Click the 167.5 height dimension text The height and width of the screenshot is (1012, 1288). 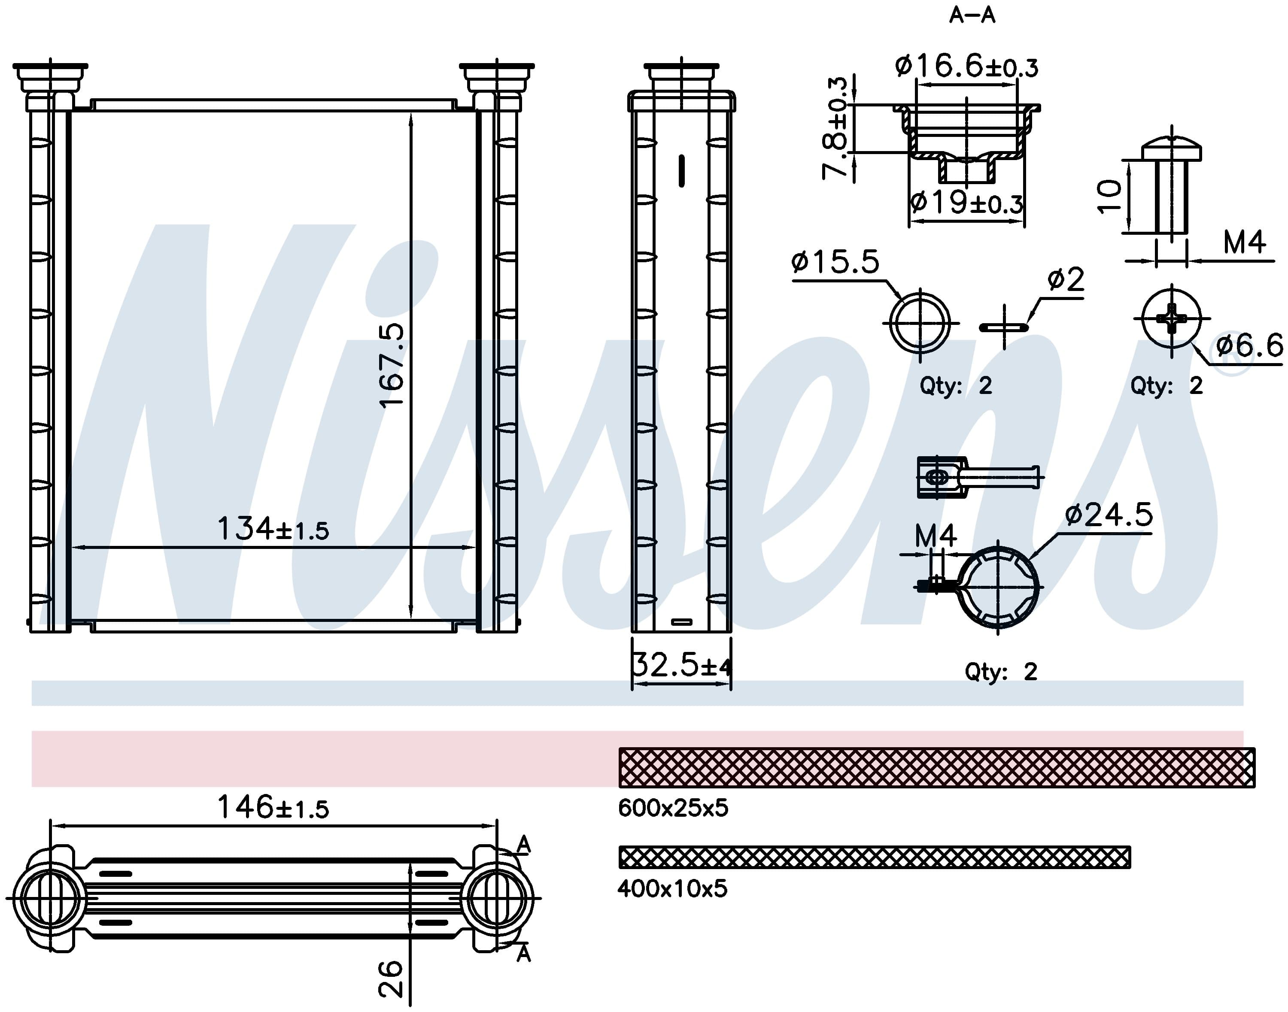coord(391,366)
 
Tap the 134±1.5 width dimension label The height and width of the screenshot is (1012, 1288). coord(273,528)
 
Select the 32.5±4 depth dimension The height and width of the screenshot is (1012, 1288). coord(682,665)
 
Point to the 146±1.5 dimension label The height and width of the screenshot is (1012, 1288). coord(273,806)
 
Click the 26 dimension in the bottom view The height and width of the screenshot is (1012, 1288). coord(391,979)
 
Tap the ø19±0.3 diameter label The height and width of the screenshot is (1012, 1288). coord(966,203)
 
